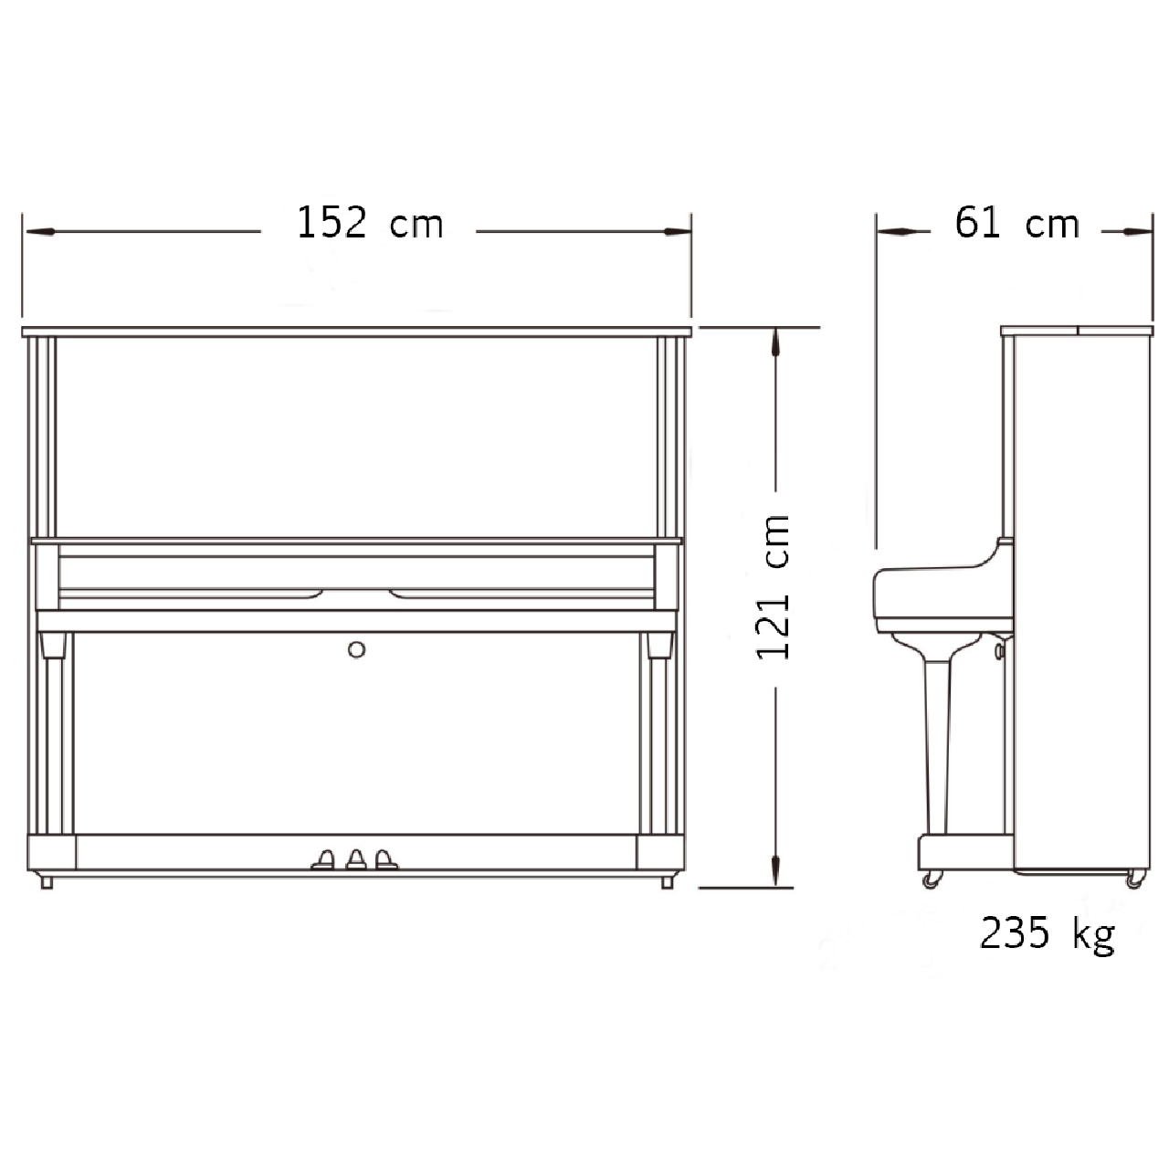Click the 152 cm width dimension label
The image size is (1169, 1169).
[370, 223]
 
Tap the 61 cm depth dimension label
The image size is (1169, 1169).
[1016, 223]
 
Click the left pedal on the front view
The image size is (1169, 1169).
[323, 859]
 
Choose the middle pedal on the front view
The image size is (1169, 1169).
[356, 859]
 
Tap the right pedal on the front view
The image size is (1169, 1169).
[385, 859]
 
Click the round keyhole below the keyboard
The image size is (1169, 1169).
[357, 649]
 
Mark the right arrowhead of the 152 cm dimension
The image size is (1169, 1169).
[677, 231]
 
